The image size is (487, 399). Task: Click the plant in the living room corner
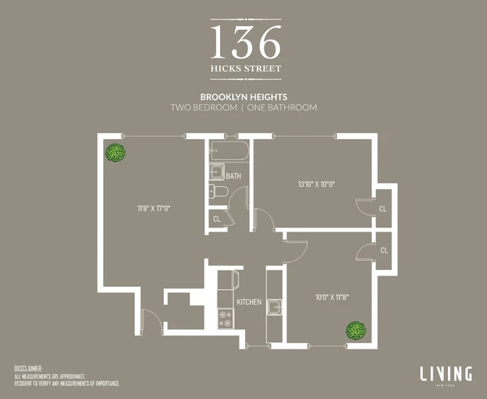115,152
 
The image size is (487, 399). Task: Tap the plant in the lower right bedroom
355,330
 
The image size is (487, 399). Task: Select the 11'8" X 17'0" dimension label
153,208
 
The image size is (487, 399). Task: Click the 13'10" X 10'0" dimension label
316,184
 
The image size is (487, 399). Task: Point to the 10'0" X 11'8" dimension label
333,297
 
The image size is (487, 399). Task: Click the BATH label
233,176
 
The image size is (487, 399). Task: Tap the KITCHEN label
248,302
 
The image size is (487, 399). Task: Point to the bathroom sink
217,171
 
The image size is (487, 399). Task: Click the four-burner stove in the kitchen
225,317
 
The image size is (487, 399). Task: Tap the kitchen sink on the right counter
275,306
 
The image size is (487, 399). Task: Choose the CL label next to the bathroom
217,219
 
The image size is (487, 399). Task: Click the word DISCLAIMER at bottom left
32,369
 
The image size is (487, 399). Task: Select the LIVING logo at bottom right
446,374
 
